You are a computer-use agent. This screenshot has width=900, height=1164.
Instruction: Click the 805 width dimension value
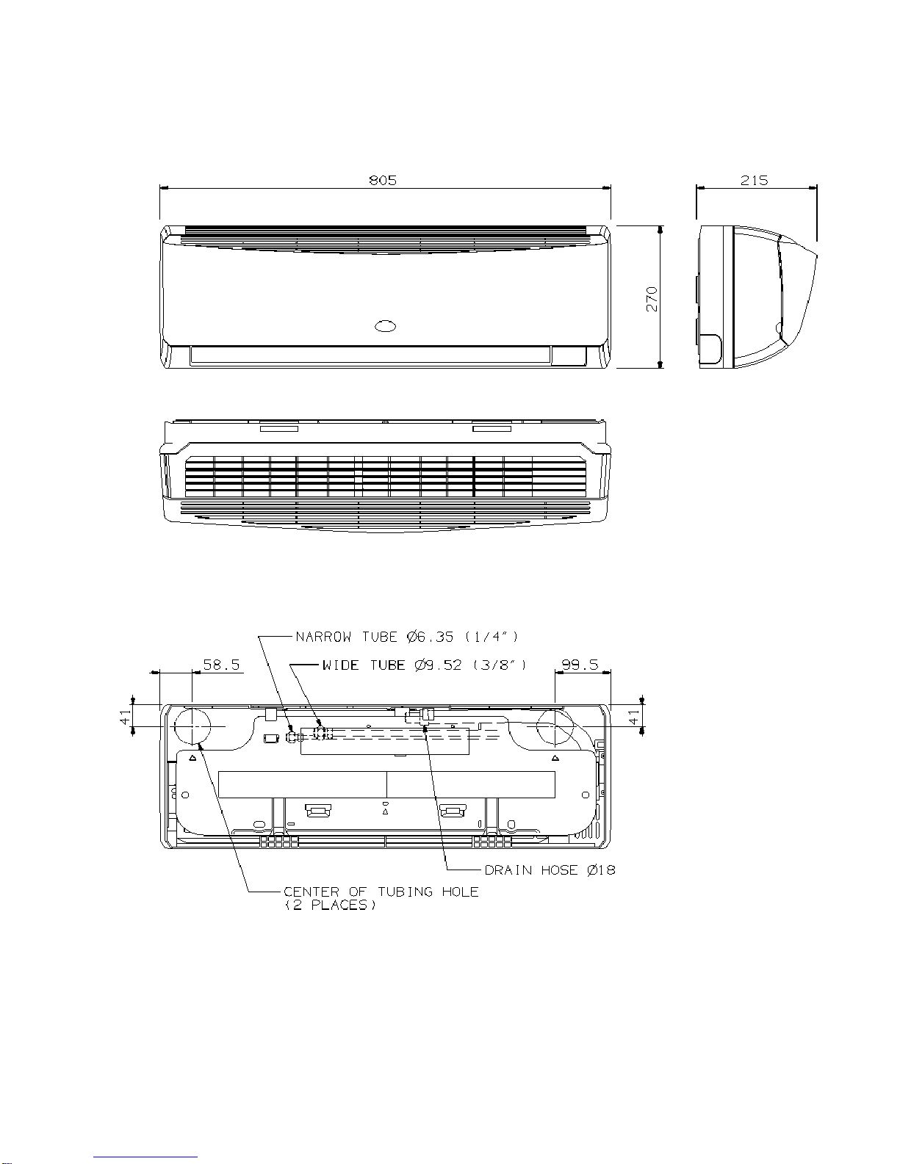click(x=383, y=180)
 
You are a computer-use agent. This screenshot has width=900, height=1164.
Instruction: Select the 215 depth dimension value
click(x=755, y=180)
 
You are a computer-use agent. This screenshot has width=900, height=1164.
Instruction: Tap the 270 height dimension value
click(x=652, y=300)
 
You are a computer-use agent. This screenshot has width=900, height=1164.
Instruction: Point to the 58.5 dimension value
click(x=221, y=665)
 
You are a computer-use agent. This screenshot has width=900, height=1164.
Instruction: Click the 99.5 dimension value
click(x=580, y=665)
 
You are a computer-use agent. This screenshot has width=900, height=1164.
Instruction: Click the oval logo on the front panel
click(x=386, y=325)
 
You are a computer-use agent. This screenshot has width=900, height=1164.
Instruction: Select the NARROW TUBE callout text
click(x=407, y=637)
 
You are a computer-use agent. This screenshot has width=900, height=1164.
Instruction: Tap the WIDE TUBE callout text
click(x=425, y=665)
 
